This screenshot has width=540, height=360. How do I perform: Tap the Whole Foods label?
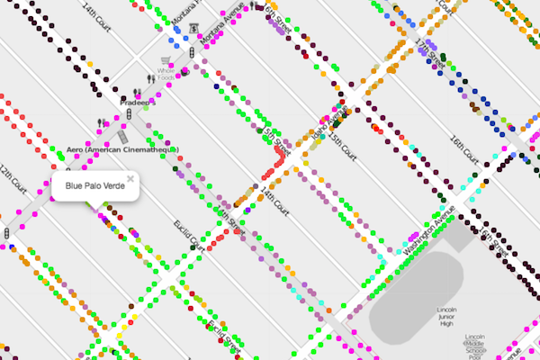165,74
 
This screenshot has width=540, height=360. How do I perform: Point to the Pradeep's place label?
139,103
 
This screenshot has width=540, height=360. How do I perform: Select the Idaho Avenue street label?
328,121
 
